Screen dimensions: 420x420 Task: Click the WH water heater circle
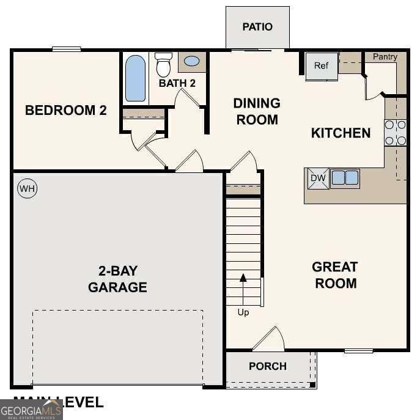tap(27, 189)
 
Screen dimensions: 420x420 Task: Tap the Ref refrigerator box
tap(322, 66)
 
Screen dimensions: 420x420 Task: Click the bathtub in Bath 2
tap(136, 78)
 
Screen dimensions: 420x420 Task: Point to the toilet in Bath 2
tap(163, 64)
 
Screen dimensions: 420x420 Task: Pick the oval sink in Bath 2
tap(191, 61)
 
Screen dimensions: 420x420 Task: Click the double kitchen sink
tap(345, 178)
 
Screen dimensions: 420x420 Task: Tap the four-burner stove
tap(396, 133)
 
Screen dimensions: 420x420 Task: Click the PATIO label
tap(257, 27)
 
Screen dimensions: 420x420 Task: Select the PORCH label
tap(268, 366)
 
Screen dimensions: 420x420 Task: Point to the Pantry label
tap(385, 57)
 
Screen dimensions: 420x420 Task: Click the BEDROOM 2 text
tap(66, 111)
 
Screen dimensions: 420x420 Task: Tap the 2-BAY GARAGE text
tap(117, 279)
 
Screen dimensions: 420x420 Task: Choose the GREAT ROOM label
tap(334, 275)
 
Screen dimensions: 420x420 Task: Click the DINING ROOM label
tap(257, 111)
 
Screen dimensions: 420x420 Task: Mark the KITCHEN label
tap(341, 133)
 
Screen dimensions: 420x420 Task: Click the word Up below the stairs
tap(243, 312)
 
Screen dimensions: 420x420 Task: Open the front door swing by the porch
tap(269, 339)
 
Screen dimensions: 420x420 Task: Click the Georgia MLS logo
tap(31, 409)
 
